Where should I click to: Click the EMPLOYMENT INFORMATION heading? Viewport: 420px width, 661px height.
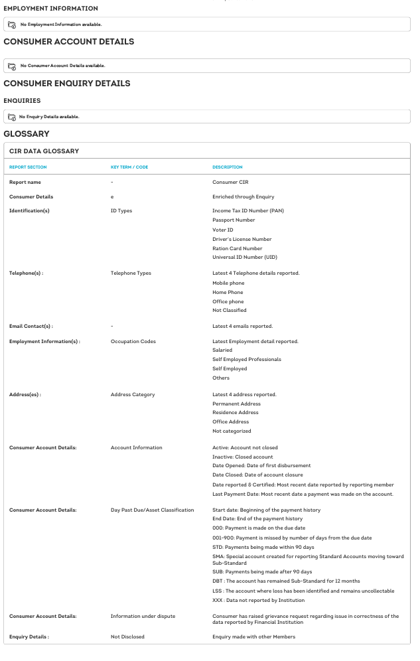(x=50, y=9)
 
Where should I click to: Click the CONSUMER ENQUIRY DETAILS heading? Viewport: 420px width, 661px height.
(x=66, y=84)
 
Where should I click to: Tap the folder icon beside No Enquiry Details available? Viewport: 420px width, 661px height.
(x=12, y=117)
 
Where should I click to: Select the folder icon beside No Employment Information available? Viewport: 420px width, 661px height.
(x=12, y=25)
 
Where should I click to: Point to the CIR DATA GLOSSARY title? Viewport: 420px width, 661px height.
(x=44, y=151)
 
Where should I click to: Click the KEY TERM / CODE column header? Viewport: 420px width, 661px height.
(x=129, y=167)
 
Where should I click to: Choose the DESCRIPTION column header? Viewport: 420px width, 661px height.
(x=228, y=167)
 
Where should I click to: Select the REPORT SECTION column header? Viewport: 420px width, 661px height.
(x=28, y=167)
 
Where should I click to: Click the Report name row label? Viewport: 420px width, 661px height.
(x=25, y=182)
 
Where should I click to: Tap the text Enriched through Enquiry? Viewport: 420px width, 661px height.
(x=243, y=197)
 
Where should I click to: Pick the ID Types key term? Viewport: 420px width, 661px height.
(x=121, y=211)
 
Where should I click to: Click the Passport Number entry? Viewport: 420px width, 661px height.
(x=234, y=220)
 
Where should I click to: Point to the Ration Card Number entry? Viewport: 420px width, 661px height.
(x=237, y=248)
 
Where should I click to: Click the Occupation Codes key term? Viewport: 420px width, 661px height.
(x=133, y=342)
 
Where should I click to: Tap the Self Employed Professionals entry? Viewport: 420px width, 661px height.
(x=247, y=360)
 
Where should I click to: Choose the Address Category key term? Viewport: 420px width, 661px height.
(x=133, y=395)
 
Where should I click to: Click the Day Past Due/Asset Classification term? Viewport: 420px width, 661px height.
(x=152, y=510)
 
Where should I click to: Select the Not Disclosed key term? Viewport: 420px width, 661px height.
(x=127, y=637)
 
